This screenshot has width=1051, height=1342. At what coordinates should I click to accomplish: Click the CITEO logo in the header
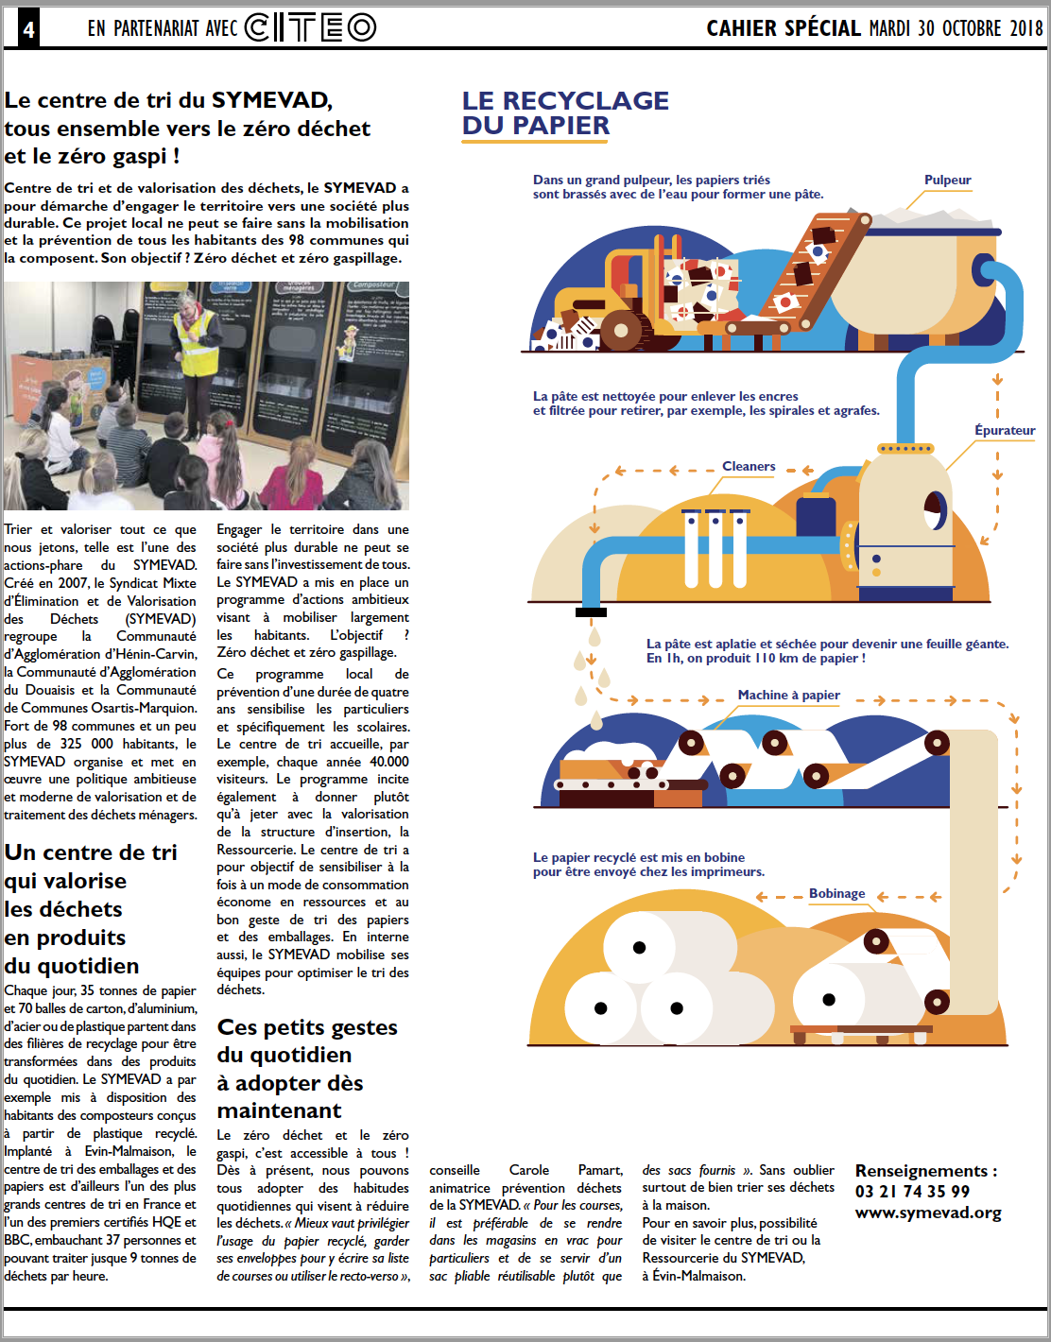coord(310,28)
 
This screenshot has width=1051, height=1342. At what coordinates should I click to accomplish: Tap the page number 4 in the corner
coord(28,29)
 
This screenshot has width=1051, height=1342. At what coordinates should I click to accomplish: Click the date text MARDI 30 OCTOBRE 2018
coord(956,28)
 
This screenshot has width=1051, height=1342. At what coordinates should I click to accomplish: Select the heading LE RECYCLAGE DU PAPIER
coord(564,112)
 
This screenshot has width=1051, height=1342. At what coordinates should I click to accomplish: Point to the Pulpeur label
coord(947,180)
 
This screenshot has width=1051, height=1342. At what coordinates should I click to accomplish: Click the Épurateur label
coord(1005,430)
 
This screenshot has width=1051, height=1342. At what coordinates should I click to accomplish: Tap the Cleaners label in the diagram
coord(749,466)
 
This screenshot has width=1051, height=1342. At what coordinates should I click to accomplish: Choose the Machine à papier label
coord(788,695)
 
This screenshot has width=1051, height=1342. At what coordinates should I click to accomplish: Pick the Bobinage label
coord(836,893)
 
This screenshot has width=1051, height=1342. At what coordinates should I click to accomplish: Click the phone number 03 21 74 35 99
coord(912,1192)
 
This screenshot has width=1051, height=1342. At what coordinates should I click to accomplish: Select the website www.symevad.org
coord(928,1213)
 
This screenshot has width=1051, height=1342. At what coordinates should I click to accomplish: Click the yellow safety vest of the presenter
coord(197,351)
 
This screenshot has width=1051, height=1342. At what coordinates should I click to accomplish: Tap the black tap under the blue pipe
coord(591,612)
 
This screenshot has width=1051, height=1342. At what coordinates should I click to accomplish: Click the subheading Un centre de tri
coord(91,852)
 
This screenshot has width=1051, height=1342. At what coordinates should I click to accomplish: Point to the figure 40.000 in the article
coord(388,762)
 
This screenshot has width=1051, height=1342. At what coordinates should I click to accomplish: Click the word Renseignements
coord(921,1171)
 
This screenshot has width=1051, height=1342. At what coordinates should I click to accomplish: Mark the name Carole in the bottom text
coord(528,1170)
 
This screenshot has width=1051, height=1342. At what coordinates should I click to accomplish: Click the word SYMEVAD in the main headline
coord(270,100)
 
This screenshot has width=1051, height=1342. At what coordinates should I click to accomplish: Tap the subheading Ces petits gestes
coord(307,1027)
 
